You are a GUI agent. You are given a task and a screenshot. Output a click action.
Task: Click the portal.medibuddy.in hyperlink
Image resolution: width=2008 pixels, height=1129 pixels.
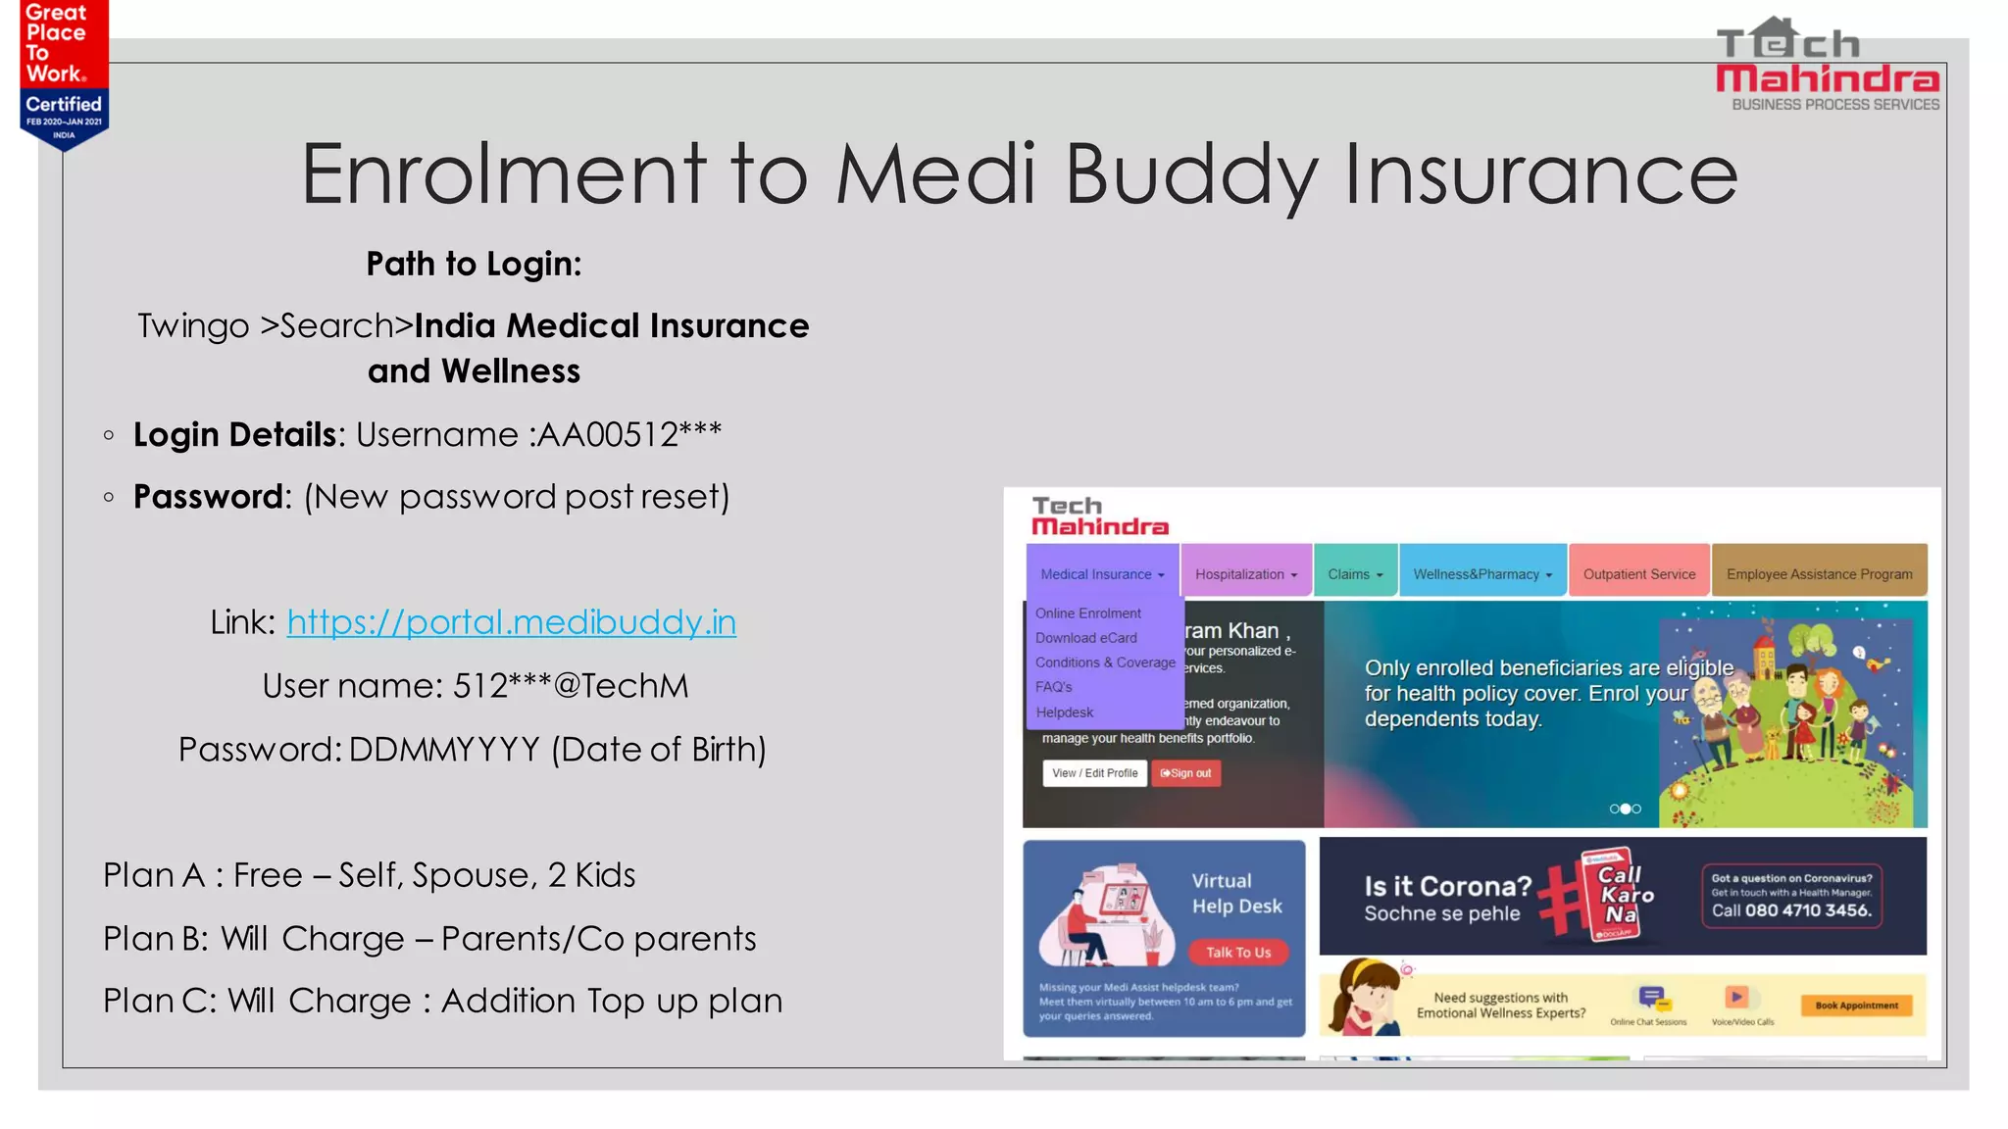[x=511, y=622]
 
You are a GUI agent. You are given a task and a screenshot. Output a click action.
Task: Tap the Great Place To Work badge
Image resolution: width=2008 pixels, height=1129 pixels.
[x=63, y=74]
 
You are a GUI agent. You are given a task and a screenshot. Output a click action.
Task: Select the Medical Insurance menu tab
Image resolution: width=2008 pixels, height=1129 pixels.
[x=1102, y=574]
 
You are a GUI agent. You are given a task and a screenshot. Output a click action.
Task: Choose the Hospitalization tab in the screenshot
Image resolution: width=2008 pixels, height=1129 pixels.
[x=1245, y=574]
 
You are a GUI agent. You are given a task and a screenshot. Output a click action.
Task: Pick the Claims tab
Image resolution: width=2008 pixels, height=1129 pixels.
[x=1355, y=574]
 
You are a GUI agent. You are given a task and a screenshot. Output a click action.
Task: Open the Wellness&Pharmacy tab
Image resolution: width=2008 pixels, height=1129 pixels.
[x=1482, y=574]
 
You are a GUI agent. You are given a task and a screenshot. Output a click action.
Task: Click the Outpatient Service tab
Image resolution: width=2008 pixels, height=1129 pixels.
[x=1638, y=574]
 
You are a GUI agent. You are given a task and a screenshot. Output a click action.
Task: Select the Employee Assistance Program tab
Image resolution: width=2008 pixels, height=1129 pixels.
[x=1819, y=574]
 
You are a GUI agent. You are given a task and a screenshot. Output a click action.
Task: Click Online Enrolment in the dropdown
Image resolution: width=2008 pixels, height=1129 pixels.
[x=1087, y=614]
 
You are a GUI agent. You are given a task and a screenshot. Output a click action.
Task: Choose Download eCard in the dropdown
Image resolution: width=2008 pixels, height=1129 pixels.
[x=1085, y=638]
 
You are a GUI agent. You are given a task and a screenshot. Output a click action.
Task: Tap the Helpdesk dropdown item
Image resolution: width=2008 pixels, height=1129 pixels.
[x=1064, y=712]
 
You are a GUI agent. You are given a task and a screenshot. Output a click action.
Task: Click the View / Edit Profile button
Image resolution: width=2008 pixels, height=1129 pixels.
[x=1094, y=773]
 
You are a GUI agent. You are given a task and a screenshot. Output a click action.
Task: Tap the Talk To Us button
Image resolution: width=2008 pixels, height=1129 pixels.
[x=1237, y=952]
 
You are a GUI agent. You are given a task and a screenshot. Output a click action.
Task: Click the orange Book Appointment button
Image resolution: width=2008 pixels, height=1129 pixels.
[x=1856, y=1006]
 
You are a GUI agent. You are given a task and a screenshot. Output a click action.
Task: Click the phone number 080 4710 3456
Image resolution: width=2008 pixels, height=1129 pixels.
[x=1807, y=910]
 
